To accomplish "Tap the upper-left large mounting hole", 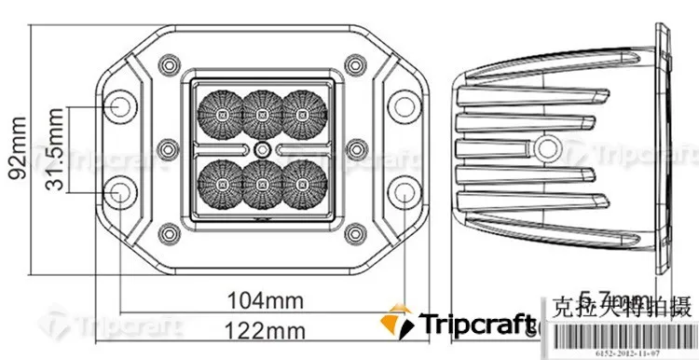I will [118, 106].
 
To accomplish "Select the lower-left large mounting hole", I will [118, 192].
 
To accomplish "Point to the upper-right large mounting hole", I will [402, 106].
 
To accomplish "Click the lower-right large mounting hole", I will [402, 192].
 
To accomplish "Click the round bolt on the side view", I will [546, 147].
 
